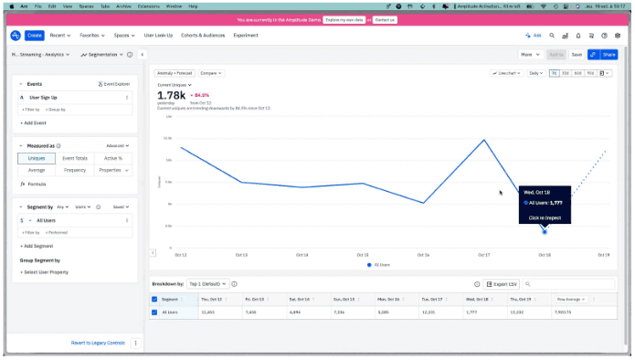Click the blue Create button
click(34, 35)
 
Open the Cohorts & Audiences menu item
click(202, 35)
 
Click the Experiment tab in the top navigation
click(245, 35)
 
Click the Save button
click(577, 55)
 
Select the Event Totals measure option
click(76, 159)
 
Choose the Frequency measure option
click(76, 170)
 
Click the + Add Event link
click(35, 122)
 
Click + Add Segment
click(38, 246)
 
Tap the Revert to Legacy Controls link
click(98, 343)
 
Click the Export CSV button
click(501, 284)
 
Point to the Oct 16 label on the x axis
click(423, 255)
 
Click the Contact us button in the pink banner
click(385, 18)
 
